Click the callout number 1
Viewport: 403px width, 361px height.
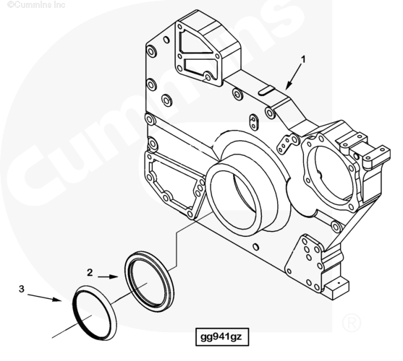tap(303, 59)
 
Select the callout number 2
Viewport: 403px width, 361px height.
tap(90, 272)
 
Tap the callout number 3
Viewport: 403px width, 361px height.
tap(21, 289)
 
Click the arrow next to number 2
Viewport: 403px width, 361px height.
tap(108, 277)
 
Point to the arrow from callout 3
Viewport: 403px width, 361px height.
tap(44, 297)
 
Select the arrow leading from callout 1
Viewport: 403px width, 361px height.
tap(294, 77)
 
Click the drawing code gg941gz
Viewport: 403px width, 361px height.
tap(221, 336)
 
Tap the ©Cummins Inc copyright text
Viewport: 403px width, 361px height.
tap(36, 4)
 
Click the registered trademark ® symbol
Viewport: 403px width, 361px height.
tap(352, 323)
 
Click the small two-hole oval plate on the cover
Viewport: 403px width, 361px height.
tap(254, 122)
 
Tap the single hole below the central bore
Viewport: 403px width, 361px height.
tap(255, 247)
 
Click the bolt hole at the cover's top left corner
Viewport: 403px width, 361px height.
tap(151, 51)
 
